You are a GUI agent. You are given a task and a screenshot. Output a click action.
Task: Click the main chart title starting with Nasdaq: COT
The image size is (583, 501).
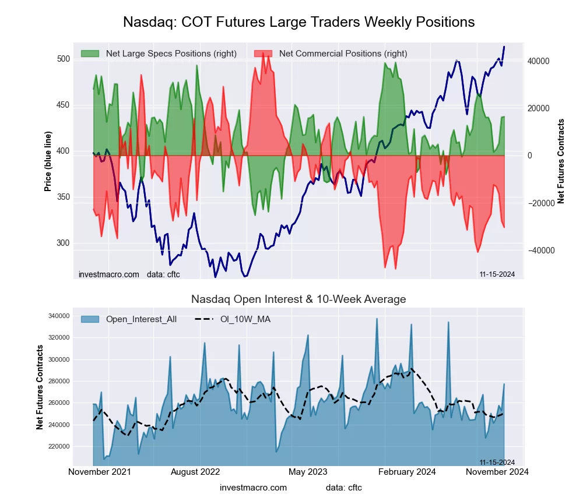299,22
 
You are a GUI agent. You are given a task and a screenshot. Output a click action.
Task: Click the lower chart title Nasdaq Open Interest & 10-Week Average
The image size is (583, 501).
298,299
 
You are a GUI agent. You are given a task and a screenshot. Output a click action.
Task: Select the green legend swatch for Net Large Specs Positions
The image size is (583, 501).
90,54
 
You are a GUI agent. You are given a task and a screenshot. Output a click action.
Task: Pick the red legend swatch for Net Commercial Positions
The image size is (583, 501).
264,54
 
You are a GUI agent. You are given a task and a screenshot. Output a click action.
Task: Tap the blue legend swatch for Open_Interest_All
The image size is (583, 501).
90,319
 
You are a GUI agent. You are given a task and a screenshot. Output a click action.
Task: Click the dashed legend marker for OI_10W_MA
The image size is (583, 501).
204,319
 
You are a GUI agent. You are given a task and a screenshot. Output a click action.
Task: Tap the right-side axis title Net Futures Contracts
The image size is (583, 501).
561,161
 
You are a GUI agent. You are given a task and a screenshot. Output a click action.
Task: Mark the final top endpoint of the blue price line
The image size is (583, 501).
504,47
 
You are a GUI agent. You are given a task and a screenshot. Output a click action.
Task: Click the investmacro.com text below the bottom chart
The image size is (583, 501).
254,488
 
